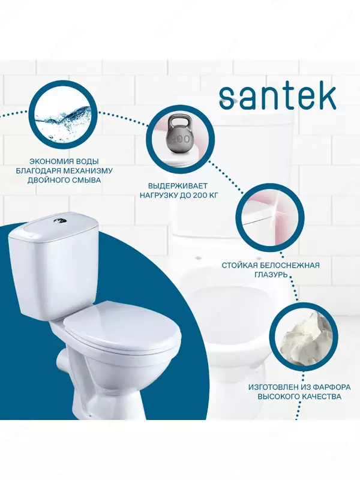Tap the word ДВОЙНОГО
coord(46,180)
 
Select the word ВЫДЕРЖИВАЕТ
coord(178,186)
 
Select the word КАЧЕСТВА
coord(322,397)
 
